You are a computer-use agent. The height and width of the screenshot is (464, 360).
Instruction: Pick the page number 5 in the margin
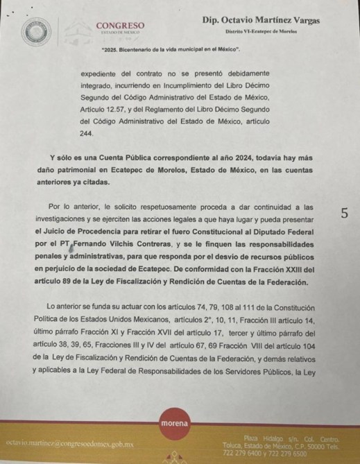tap(344, 213)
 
